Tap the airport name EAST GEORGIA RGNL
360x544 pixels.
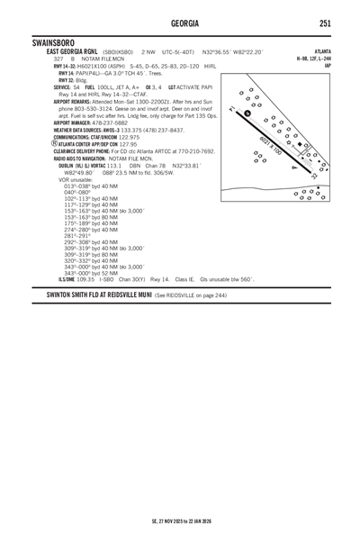(73, 52)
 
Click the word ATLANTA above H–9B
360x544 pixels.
(318, 52)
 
